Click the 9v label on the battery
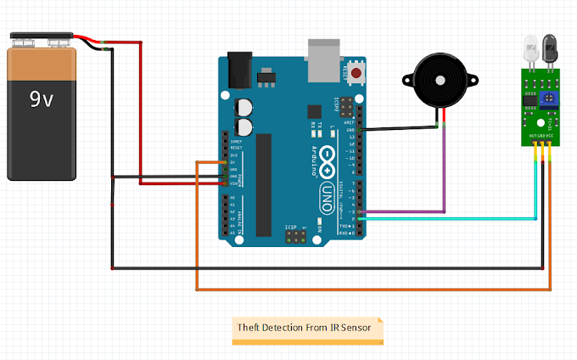(x=42, y=99)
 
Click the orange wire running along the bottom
(x=365, y=290)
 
